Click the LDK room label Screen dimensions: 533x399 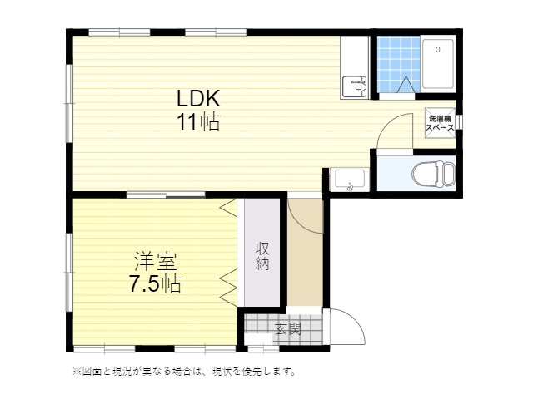click(198, 98)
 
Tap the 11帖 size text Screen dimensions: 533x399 click(198, 122)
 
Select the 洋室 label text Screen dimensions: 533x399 click(155, 262)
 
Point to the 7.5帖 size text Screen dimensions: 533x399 click(155, 284)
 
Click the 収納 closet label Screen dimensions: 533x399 click(262, 256)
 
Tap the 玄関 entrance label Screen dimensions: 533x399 click(288, 328)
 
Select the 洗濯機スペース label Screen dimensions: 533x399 click(440, 123)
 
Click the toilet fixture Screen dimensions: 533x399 click(433, 174)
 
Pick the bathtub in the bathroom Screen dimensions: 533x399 click(438, 64)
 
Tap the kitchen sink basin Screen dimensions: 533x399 click(354, 86)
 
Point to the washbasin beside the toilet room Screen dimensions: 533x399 click(350, 180)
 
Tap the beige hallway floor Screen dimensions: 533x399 click(305, 252)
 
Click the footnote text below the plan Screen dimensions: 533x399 click(185, 372)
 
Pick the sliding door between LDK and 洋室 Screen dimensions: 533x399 click(166, 195)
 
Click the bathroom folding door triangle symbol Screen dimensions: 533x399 click(406, 85)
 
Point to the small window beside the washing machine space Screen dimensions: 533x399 click(460, 122)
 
